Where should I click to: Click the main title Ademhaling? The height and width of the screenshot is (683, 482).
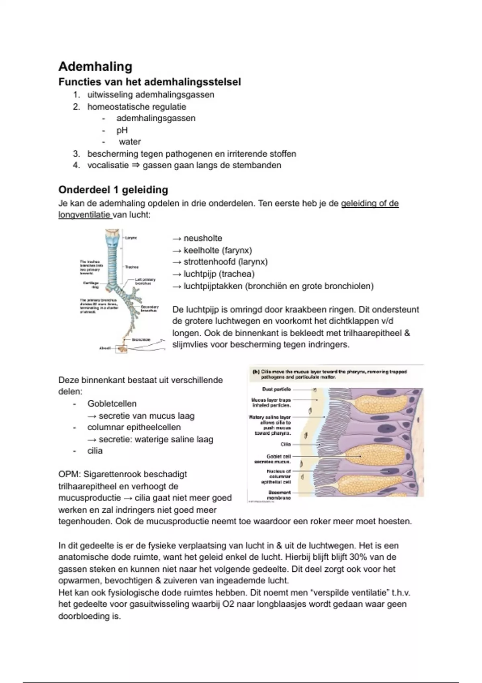tap(95, 66)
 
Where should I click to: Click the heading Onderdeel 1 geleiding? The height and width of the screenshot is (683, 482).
tap(113, 190)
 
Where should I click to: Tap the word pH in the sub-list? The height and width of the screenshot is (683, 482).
tap(122, 130)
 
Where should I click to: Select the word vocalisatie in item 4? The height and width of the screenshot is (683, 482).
tap(108, 165)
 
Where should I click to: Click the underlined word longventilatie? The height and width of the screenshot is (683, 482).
tap(84, 215)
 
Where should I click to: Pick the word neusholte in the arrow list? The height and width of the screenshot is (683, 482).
tap(203, 238)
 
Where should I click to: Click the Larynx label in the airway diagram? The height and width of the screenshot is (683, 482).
tap(131, 238)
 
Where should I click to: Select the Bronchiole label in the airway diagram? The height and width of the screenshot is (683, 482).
tap(141, 340)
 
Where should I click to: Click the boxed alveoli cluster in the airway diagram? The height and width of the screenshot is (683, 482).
tap(121, 349)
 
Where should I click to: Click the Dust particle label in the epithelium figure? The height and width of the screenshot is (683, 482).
tap(276, 389)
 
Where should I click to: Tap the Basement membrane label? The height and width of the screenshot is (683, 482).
tap(279, 495)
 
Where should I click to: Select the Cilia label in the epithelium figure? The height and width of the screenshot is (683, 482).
tap(286, 444)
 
